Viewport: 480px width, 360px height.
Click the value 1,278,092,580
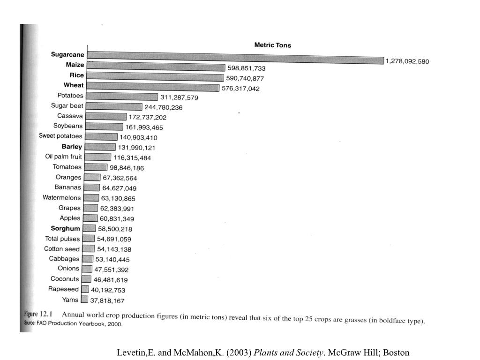[x=407, y=61]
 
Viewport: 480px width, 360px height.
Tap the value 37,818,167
[x=107, y=301]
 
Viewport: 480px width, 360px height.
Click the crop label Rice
[x=77, y=75]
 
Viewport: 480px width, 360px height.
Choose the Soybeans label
[x=67, y=126]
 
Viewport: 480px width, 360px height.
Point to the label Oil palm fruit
[x=63, y=157]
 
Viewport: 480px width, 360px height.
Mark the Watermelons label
[x=61, y=198]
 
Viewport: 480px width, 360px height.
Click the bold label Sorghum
[x=65, y=229]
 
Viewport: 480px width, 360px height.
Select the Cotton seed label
[x=62, y=249]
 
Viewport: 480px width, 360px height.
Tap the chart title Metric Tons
[x=272, y=45]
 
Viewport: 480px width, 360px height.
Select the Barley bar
[x=101, y=147]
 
